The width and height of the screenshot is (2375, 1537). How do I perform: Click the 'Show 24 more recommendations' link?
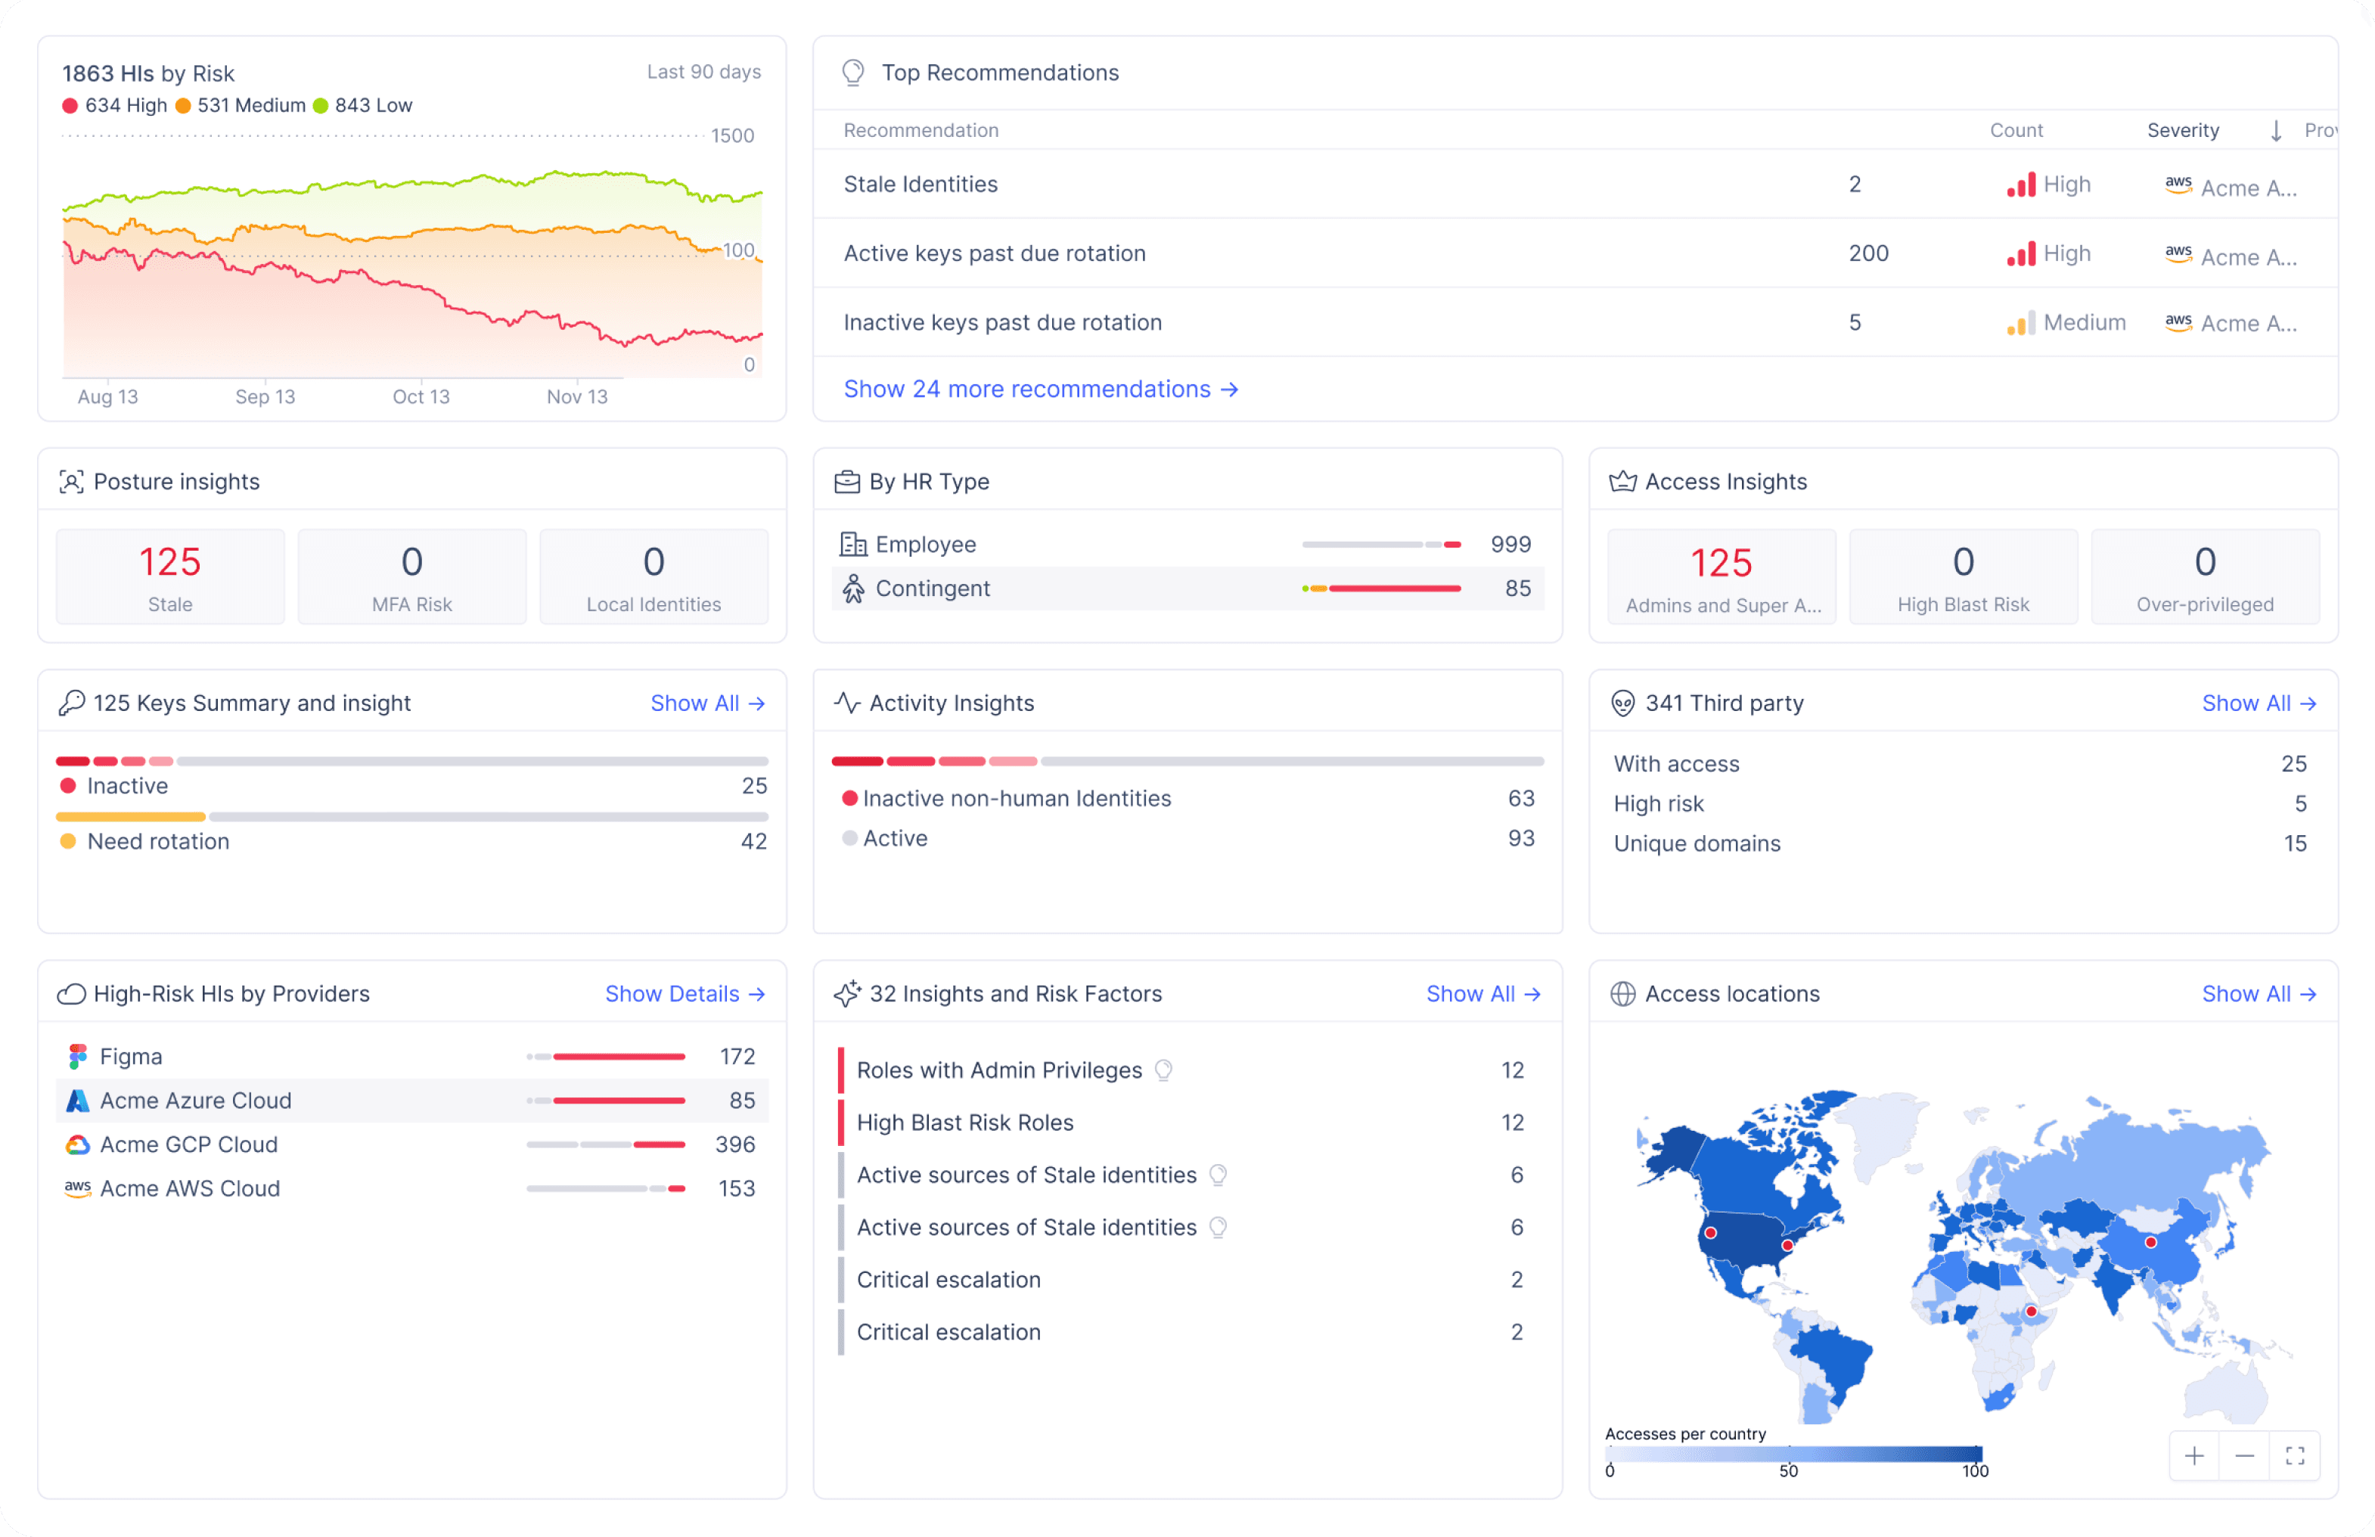pyautogui.click(x=1041, y=390)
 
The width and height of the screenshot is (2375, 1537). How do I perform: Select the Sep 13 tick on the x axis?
pyautogui.click(x=265, y=397)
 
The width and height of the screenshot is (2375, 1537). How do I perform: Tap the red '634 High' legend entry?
pyautogui.click(x=115, y=106)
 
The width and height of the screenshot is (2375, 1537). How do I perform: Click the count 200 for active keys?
pyautogui.click(x=1868, y=253)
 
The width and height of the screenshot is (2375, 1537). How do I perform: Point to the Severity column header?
pyautogui.click(x=2182, y=131)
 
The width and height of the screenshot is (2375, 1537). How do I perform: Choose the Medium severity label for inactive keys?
pyautogui.click(x=2084, y=322)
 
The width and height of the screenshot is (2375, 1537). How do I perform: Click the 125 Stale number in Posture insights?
pyautogui.click(x=169, y=563)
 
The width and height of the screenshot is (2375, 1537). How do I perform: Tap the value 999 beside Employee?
pyautogui.click(x=1510, y=545)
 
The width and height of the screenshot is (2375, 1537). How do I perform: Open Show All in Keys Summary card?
pyautogui.click(x=707, y=703)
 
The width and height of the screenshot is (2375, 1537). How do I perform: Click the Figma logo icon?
pyautogui.click(x=78, y=1056)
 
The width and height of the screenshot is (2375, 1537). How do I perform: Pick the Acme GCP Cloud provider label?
pyautogui.click(x=188, y=1144)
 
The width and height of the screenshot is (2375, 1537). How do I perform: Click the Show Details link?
pyautogui.click(x=685, y=994)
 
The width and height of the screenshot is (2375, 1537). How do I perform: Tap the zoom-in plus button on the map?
pyautogui.click(x=2193, y=1456)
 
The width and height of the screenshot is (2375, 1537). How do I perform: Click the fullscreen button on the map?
pyautogui.click(x=2294, y=1456)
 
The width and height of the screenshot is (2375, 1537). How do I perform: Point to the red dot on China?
pyautogui.click(x=2150, y=1243)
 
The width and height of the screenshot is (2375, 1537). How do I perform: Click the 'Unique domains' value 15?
pyautogui.click(x=2294, y=844)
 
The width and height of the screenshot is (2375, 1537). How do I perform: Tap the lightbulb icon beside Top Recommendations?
pyautogui.click(x=853, y=73)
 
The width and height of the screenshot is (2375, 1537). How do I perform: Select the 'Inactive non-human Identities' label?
pyautogui.click(x=1017, y=799)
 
